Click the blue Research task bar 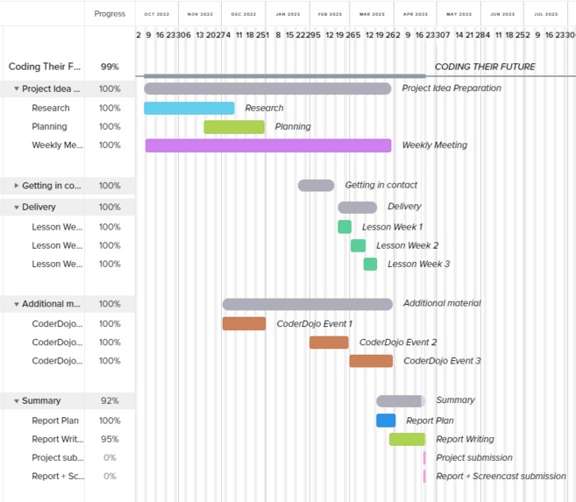tap(188, 108)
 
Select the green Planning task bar tap(234, 127)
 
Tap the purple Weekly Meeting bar tap(267, 145)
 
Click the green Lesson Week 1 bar tap(345, 227)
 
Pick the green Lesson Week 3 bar tap(370, 264)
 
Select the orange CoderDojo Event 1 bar tap(244, 323)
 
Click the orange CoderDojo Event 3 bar tap(371, 361)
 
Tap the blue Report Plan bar tap(386, 421)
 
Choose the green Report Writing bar tap(407, 439)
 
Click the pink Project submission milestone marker tap(424, 457)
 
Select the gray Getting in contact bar tap(316, 186)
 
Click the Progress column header tap(110, 14)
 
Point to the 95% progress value tap(110, 439)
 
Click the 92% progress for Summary tap(110, 400)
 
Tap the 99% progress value tap(110, 67)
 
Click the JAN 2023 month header tap(288, 14)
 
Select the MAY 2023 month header tap(459, 14)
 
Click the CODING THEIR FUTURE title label tap(485, 67)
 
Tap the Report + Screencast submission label tap(501, 477)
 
